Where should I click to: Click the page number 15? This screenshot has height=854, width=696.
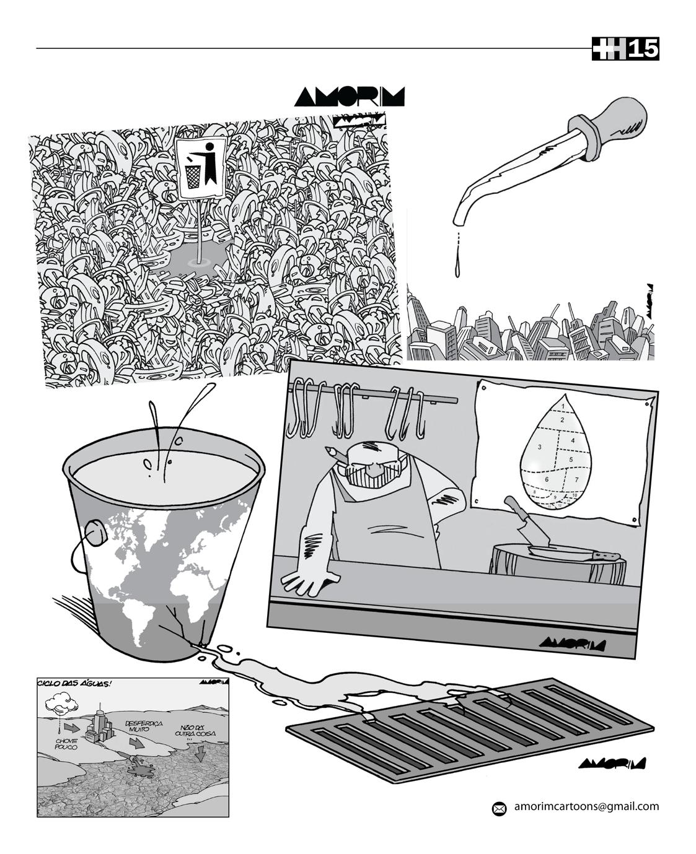[643, 49]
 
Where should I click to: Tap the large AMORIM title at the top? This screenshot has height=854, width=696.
[350, 97]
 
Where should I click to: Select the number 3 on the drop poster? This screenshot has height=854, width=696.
[540, 447]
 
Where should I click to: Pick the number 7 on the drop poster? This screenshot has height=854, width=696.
[576, 479]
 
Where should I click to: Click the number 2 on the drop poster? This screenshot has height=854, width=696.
[562, 420]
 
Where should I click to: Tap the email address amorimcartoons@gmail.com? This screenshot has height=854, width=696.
[586, 806]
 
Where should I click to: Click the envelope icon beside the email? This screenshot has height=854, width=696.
[499, 808]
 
